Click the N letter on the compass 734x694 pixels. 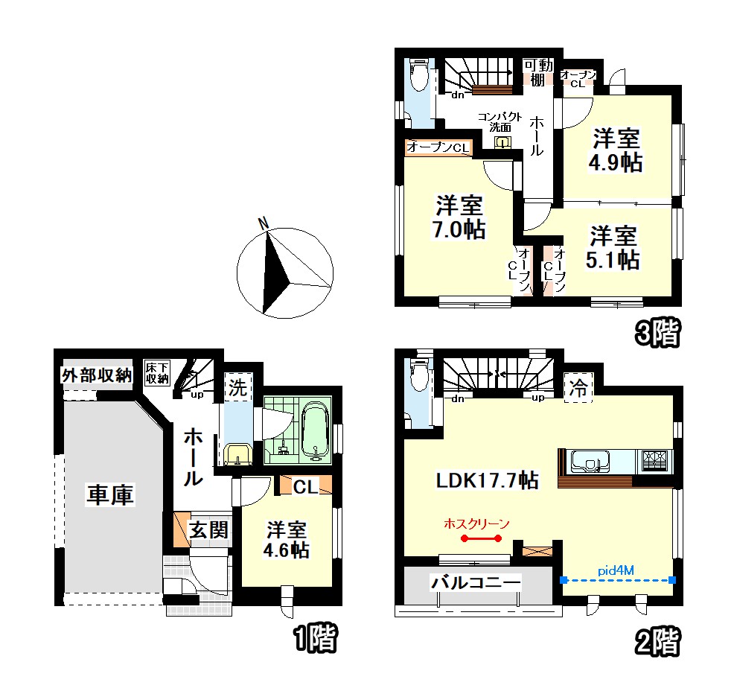click(x=264, y=224)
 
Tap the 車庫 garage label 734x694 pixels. click(x=110, y=494)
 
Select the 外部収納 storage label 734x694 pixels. click(x=97, y=375)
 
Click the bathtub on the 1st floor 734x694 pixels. click(x=315, y=431)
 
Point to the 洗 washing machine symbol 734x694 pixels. click(x=237, y=387)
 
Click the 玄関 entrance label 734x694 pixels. click(x=208, y=530)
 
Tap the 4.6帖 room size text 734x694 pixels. click(x=287, y=550)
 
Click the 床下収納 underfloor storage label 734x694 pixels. click(x=157, y=373)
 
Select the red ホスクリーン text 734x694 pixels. click(x=476, y=523)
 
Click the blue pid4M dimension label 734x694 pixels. click(x=616, y=570)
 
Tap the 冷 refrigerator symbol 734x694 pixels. click(x=578, y=387)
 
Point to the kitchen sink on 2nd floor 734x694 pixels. click(x=590, y=462)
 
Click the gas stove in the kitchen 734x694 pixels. click(x=654, y=460)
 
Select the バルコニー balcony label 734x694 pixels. click(x=476, y=582)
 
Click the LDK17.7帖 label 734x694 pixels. click(x=488, y=480)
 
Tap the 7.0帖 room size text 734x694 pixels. click(x=459, y=229)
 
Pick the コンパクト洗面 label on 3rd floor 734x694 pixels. click(x=500, y=122)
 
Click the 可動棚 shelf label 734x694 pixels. click(x=538, y=72)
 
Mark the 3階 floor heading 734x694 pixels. click(x=657, y=333)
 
